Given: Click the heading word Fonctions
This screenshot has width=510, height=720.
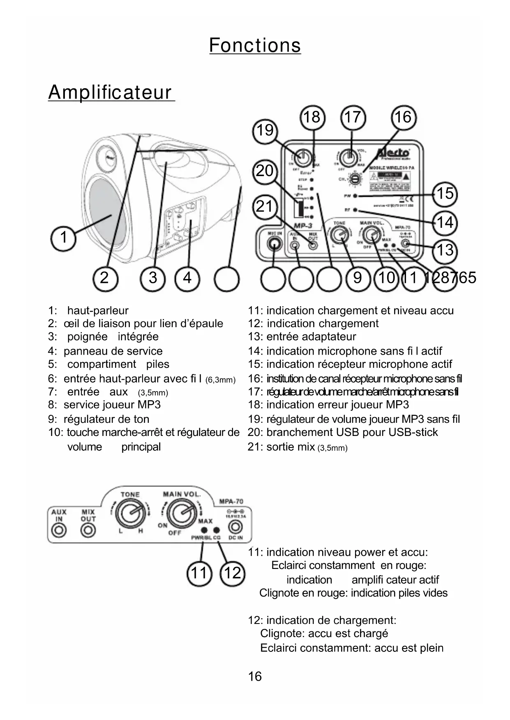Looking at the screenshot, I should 255,45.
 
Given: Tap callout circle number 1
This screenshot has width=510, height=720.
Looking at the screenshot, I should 63,238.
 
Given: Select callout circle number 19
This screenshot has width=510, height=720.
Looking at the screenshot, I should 265,131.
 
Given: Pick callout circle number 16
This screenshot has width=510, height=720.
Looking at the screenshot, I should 403,117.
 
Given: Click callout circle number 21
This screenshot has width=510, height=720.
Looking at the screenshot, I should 264,206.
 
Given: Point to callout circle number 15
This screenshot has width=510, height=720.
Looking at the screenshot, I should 445,193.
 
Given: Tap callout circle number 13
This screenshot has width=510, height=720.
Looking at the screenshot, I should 445,250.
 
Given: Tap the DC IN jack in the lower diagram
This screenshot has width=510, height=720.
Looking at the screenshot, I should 235,526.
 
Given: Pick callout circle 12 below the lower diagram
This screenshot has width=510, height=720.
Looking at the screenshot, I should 232,573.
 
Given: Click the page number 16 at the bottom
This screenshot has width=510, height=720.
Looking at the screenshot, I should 255,676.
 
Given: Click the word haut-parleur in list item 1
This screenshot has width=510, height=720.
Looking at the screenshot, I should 98,311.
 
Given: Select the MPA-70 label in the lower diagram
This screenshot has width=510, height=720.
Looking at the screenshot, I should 231,501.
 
